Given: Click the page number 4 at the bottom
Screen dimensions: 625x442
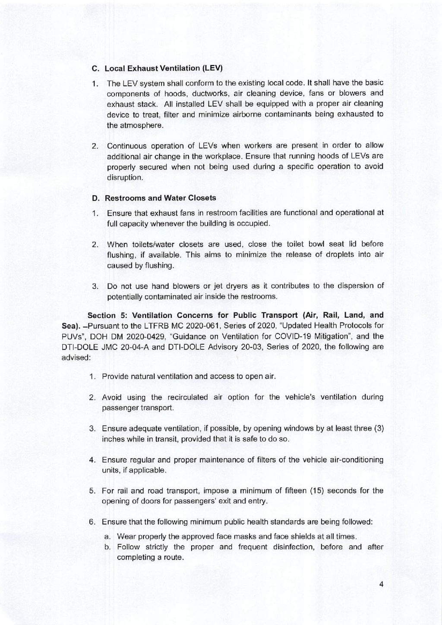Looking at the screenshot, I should point(381,584).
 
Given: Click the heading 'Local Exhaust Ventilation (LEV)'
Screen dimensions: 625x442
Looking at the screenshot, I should point(163,69).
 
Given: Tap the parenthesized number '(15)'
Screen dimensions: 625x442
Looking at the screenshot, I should point(314,490).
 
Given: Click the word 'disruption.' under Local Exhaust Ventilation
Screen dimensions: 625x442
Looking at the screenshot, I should point(124,177).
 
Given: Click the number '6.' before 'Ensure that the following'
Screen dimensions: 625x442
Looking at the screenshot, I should point(92,521).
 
